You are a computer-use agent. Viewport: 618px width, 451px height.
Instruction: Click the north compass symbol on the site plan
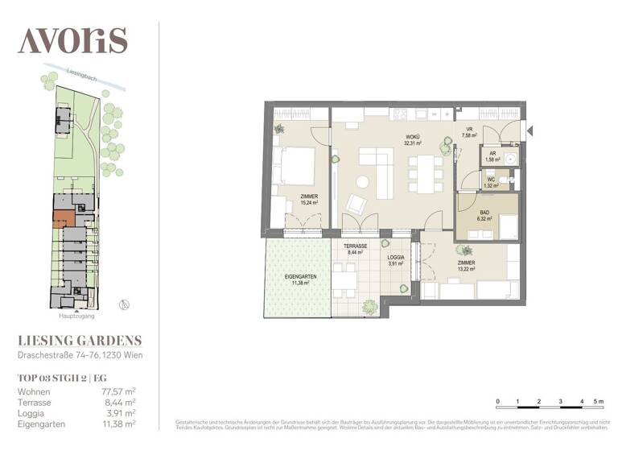[x=123, y=304]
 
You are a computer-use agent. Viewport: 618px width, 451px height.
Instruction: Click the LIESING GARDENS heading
[x=80, y=341]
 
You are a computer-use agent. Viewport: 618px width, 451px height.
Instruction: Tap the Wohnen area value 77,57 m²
[x=118, y=391]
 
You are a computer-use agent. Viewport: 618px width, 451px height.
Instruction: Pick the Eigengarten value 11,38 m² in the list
[x=118, y=423]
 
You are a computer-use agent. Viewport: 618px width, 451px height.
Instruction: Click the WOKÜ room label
[x=413, y=138]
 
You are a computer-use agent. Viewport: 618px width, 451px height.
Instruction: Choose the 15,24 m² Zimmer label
[x=309, y=199]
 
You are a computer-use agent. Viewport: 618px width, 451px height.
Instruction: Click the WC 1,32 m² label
[x=489, y=183]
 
